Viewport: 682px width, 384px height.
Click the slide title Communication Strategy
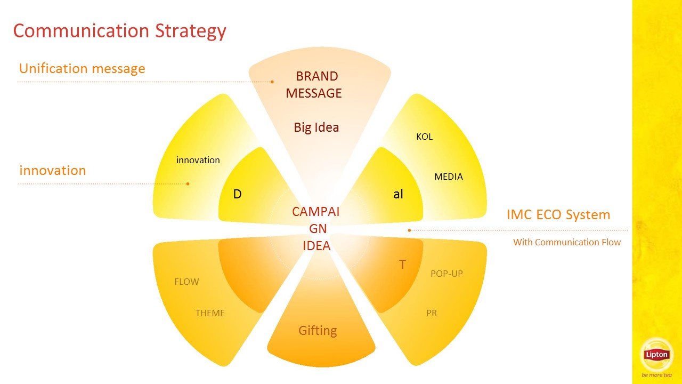[x=120, y=31]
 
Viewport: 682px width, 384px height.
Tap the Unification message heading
[x=82, y=69]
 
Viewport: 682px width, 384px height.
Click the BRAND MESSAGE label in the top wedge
[x=314, y=85]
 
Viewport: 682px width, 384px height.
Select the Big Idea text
[x=316, y=127]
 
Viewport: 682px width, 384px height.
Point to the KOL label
[x=425, y=137]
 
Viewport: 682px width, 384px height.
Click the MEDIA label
[x=449, y=177]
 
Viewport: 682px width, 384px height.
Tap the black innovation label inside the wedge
[x=198, y=160]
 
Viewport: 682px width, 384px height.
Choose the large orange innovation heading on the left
[x=53, y=170]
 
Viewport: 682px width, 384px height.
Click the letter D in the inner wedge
[x=238, y=194]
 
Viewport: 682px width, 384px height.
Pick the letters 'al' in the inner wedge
[x=398, y=194]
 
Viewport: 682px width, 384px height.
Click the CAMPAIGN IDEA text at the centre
[x=316, y=229]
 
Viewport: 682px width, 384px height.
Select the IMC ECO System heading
[x=558, y=215]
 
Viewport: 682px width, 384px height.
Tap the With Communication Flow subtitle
[x=567, y=242]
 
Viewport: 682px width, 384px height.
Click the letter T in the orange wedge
[x=402, y=265]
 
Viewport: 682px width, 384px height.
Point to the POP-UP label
[x=446, y=274]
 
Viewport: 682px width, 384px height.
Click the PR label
[x=432, y=313]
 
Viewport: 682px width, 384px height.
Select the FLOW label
[x=186, y=282]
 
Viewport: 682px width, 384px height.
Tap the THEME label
[x=210, y=313]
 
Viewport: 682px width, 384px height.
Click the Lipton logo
[x=656, y=355]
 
